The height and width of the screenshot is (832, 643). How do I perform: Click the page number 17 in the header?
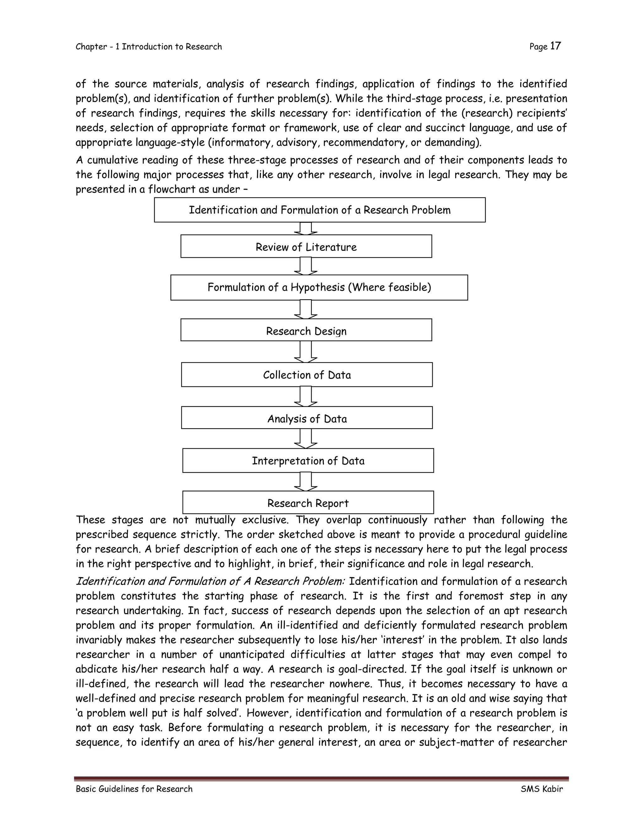(555, 46)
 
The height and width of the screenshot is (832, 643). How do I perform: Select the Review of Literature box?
(306, 246)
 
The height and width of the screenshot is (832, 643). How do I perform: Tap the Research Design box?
(306, 330)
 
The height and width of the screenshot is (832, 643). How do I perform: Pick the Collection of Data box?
(307, 375)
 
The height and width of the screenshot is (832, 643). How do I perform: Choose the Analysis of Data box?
(307, 418)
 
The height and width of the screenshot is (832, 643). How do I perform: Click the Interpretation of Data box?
(308, 461)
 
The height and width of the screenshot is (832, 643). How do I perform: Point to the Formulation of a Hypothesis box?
(319, 287)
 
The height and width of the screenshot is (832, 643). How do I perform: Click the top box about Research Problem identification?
(319, 210)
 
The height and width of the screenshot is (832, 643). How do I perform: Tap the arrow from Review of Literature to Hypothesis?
(305, 266)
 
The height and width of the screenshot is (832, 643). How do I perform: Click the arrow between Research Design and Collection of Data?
(305, 351)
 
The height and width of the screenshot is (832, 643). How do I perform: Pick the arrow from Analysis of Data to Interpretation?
(305, 438)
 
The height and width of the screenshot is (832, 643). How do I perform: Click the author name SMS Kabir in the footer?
(541, 789)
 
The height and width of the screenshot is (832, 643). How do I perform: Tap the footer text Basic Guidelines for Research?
(134, 789)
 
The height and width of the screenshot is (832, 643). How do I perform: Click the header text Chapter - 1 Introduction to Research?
(149, 47)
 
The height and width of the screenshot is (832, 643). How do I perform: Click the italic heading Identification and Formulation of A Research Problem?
(210, 581)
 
